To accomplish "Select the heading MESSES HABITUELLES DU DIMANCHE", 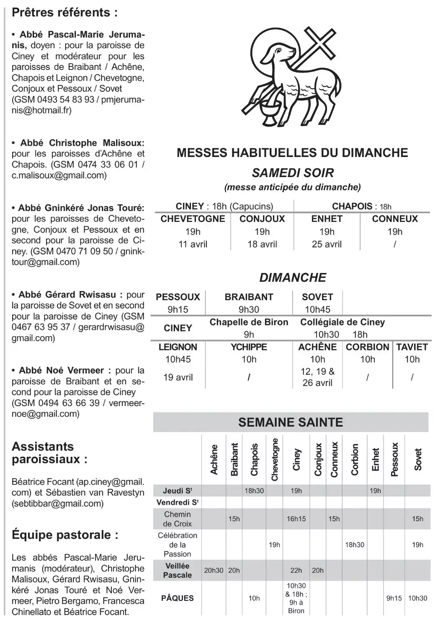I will [292, 153].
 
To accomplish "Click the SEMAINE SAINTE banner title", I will [291, 422].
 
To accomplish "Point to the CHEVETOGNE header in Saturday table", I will [193, 219].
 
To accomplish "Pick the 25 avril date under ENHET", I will [327, 244].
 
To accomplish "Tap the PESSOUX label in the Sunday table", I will [178, 297].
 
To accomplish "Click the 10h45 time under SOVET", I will [317, 309].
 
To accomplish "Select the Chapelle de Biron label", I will [249, 322].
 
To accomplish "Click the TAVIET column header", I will [412, 347].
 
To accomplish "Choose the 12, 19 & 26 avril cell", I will [317, 377].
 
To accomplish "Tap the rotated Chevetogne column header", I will [275, 459].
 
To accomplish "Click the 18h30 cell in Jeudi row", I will [254, 491].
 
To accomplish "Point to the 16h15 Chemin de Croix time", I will [296, 519].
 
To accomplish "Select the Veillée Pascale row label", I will [178, 570].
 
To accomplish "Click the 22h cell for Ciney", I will [296, 570].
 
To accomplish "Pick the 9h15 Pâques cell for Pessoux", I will [394, 598].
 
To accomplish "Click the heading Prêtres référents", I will [64, 13].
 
